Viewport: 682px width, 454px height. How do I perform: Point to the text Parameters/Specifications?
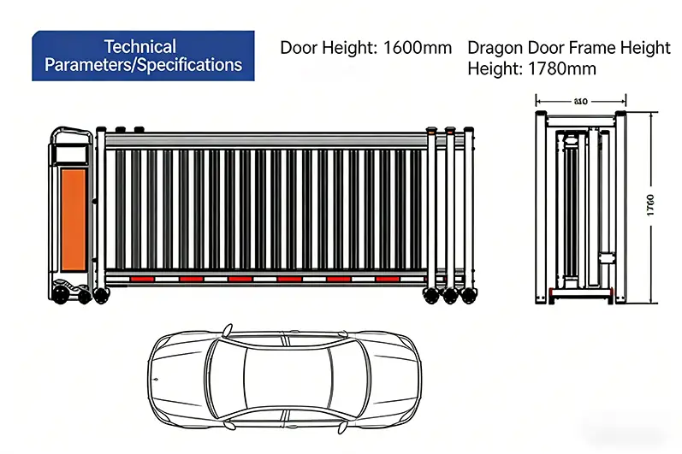click(143, 65)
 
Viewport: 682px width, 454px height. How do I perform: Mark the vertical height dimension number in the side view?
click(650, 205)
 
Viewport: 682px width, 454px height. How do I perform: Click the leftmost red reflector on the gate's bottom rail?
click(141, 279)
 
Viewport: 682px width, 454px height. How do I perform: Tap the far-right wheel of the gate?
click(469, 296)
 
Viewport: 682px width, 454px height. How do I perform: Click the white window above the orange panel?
click(69, 154)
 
